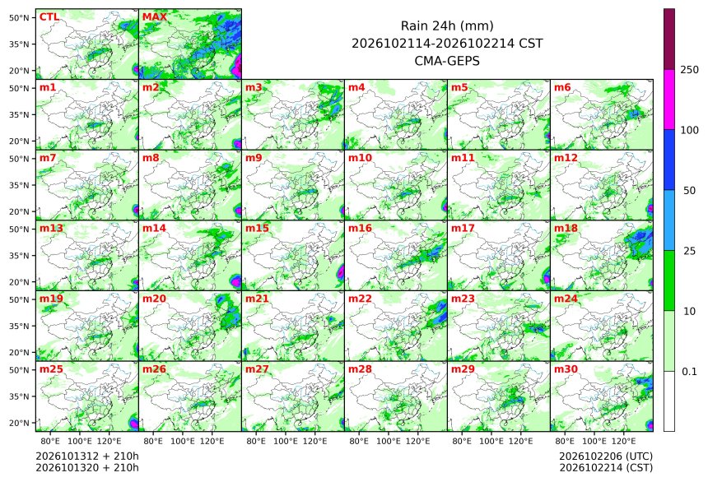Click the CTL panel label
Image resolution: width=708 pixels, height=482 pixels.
click(x=49, y=17)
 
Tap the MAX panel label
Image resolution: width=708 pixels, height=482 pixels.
click(x=155, y=17)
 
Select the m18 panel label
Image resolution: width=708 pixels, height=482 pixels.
click(x=566, y=229)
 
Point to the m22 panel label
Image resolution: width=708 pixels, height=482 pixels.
click(x=360, y=299)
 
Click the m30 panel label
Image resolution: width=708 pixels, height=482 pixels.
click(x=566, y=369)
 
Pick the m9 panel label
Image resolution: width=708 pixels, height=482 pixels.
click(x=254, y=158)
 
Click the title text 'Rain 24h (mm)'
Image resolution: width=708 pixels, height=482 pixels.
click(x=447, y=26)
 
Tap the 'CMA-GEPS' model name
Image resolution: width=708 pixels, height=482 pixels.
click(x=447, y=61)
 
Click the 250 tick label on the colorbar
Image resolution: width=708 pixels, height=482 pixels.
click(x=689, y=70)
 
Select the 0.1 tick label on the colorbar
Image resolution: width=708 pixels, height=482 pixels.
click(x=689, y=372)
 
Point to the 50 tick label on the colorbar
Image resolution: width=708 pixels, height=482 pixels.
click(x=689, y=191)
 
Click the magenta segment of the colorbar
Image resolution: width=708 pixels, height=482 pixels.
click(x=669, y=100)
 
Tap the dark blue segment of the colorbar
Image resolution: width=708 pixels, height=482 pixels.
click(x=669, y=160)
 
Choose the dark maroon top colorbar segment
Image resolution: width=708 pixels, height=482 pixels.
click(x=669, y=39)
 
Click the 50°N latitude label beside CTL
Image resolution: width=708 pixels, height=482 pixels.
click(x=19, y=18)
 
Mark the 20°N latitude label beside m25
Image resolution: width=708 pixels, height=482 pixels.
click(x=19, y=424)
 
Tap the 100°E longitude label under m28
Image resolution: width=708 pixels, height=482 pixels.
click(x=388, y=441)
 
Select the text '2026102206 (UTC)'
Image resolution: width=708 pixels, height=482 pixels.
click(x=606, y=457)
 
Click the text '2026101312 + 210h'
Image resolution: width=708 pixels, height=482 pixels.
click(x=87, y=456)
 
